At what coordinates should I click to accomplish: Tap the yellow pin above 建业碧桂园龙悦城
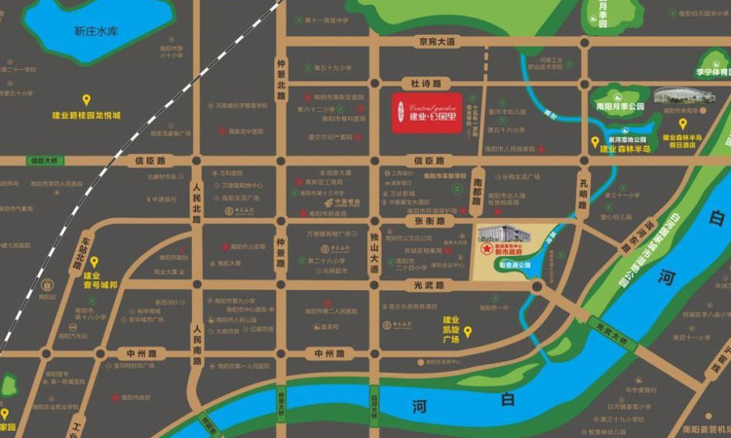(87, 99)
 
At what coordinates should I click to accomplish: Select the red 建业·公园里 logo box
(427, 112)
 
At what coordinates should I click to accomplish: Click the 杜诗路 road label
(427, 84)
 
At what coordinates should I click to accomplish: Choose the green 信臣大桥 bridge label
(44, 160)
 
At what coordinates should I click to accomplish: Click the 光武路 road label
(426, 285)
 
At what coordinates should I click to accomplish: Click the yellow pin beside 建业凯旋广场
(467, 332)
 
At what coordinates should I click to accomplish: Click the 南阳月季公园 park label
(621, 105)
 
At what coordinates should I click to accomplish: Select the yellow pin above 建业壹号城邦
(95, 262)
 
